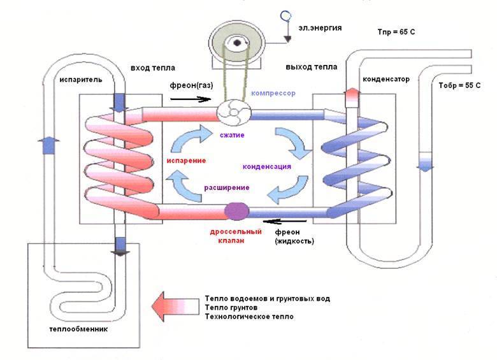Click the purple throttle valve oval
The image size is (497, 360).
click(237, 211)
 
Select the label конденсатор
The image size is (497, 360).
click(386, 80)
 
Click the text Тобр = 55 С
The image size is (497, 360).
click(459, 85)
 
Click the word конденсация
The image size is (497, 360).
click(267, 166)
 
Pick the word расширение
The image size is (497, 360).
click(226, 187)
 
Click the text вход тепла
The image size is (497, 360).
click(153, 68)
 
